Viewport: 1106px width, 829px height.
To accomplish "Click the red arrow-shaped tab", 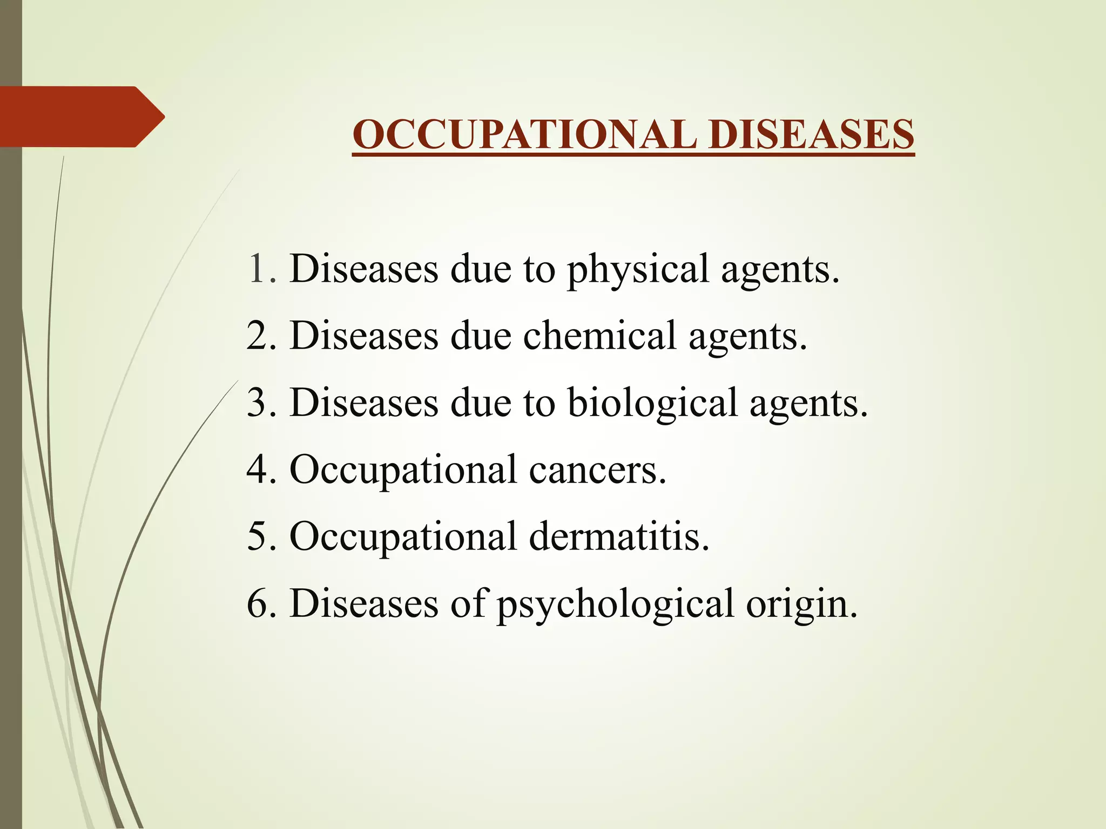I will tap(81, 117).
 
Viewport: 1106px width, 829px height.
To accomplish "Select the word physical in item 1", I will tap(637, 270).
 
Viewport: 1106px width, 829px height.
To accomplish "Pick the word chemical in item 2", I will tap(599, 336).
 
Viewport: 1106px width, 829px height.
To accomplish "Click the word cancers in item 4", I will tap(597, 470).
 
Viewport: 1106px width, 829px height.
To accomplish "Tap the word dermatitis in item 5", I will tap(619, 537).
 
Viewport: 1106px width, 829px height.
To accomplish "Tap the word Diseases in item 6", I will tap(363, 603).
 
